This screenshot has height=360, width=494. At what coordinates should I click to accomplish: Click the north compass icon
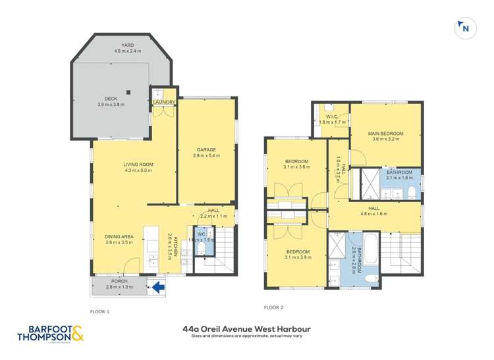464,27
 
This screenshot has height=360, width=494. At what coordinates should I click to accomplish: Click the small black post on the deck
128,91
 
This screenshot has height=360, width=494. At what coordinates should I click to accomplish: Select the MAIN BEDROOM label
387,134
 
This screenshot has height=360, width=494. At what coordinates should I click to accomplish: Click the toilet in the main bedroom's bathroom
410,192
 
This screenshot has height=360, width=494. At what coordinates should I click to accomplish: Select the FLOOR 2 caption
273,307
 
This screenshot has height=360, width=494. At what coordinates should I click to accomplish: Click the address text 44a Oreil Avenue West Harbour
247,329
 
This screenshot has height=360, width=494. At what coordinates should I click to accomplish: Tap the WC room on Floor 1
202,237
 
